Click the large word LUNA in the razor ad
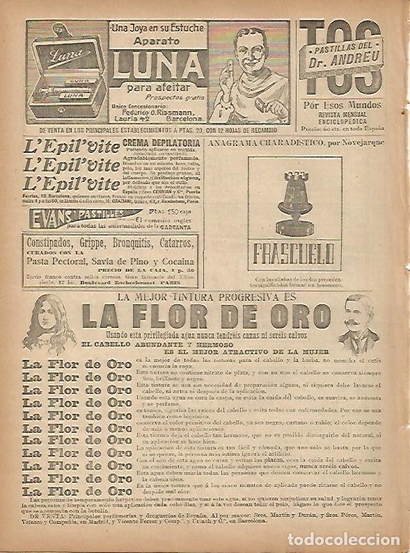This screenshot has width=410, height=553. point(161,66)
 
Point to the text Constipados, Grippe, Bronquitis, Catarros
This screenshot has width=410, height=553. point(109,242)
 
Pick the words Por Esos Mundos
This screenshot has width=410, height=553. point(341,108)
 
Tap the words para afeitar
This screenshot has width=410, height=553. point(161,87)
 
